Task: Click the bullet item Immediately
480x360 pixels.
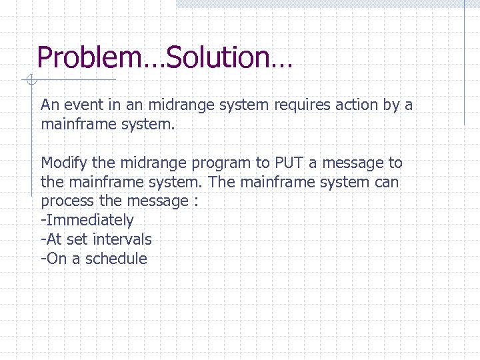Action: (x=89, y=220)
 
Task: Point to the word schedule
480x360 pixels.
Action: (x=116, y=259)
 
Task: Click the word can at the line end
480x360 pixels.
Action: (x=386, y=182)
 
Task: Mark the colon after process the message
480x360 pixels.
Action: (x=195, y=201)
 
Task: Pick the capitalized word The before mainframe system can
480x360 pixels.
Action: (x=221, y=182)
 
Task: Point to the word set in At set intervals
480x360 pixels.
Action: (x=79, y=239)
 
